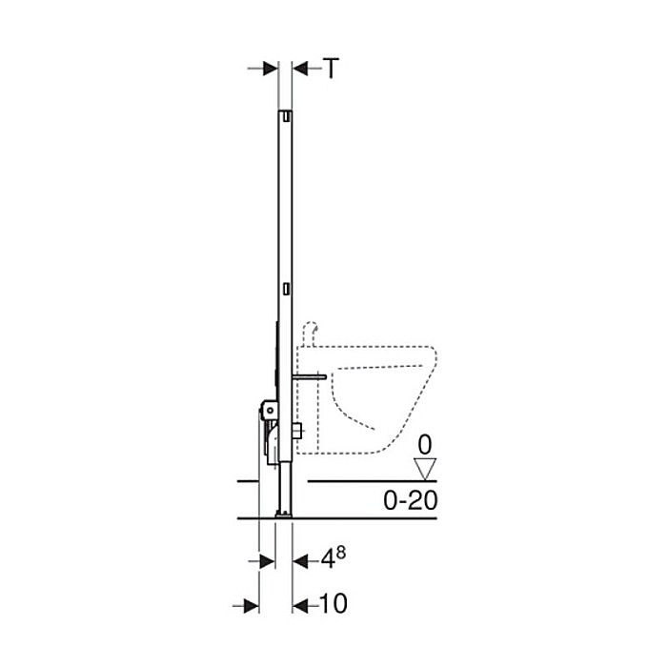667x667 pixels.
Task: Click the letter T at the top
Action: coord(330,68)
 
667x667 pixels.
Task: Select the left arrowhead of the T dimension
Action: coord(271,68)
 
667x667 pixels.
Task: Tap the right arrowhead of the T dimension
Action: coord(299,68)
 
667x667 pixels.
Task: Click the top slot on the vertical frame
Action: coord(285,117)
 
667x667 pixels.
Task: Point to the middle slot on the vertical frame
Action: coord(285,287)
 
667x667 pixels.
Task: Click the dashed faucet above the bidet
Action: coord(308,333)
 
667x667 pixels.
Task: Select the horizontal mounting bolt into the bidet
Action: coord(309,376)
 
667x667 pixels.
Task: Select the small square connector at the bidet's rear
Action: coord(297,432)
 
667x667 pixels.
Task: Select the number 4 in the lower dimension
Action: coord(326,561)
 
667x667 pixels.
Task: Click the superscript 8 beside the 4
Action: coord(339,554)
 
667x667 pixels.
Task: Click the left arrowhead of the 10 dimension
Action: coord(252,604)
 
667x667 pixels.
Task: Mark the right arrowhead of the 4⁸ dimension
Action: coord(299,561)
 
